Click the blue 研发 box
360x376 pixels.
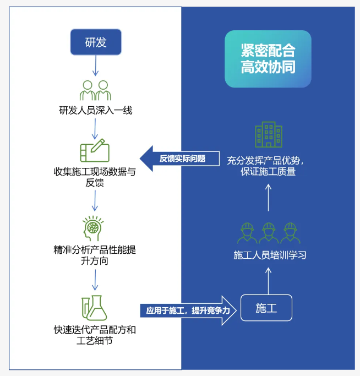(95, 42)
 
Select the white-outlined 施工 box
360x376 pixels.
(266, 308)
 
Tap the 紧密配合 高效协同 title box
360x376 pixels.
(268, 59)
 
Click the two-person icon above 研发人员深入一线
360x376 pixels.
(95, 90)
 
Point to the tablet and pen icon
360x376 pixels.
(95, 150)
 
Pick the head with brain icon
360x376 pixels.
(95, 228)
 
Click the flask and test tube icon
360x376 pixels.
(95, 307)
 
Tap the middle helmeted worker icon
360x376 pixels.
(268, 233)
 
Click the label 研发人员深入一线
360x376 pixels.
(95, 110)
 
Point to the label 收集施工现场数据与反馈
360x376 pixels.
(95, 177)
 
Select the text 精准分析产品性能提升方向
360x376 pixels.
(95, 255)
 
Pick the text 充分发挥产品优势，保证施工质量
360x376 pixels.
(268, 166)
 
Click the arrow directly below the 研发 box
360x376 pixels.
(95, 66)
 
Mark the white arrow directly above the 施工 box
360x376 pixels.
(269, 280)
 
